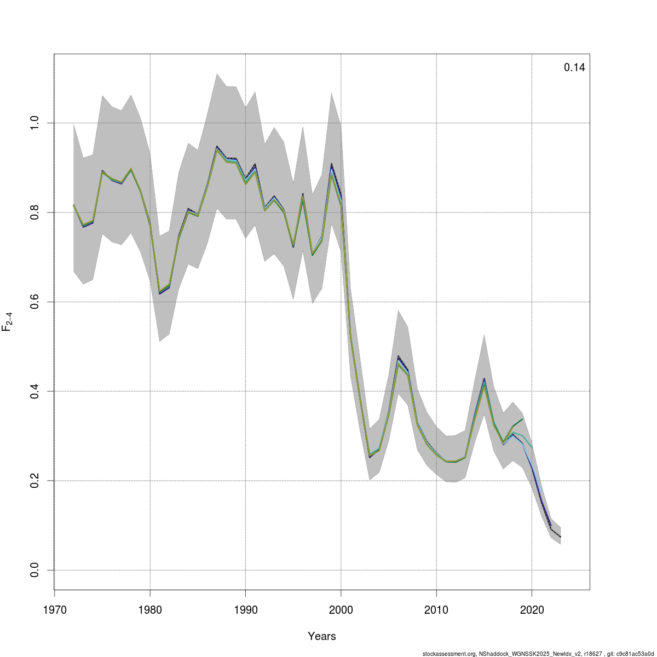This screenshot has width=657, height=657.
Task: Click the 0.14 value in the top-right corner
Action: point(574,68)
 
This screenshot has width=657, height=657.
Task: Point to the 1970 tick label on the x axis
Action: point(54,609)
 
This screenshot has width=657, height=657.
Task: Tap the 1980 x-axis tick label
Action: point(150,609)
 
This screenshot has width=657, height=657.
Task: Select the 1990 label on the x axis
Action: point(245,609)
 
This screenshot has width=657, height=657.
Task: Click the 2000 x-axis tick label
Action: point(341,609)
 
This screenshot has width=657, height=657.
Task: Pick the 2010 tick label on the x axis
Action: point(436,609)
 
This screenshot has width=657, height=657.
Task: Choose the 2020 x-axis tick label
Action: point(532,609)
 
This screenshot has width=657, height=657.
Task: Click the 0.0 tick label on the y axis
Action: point(34,570)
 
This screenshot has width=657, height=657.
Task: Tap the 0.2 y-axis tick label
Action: point(34,481)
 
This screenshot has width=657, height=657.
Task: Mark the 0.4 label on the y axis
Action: point(34,391)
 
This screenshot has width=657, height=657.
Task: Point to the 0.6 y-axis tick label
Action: point(34,302)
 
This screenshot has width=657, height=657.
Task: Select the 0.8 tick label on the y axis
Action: point(34,212)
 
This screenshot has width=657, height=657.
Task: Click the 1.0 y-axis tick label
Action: point(34,123)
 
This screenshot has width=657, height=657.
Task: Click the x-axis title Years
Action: point(322,636)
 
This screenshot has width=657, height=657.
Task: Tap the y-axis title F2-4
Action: point(8,322)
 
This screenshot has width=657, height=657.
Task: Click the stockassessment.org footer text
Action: point(539,654)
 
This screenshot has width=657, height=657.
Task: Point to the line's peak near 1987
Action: point(217,147)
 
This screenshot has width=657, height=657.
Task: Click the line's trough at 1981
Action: point(159,293)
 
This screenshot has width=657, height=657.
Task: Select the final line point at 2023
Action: point(560,537)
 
